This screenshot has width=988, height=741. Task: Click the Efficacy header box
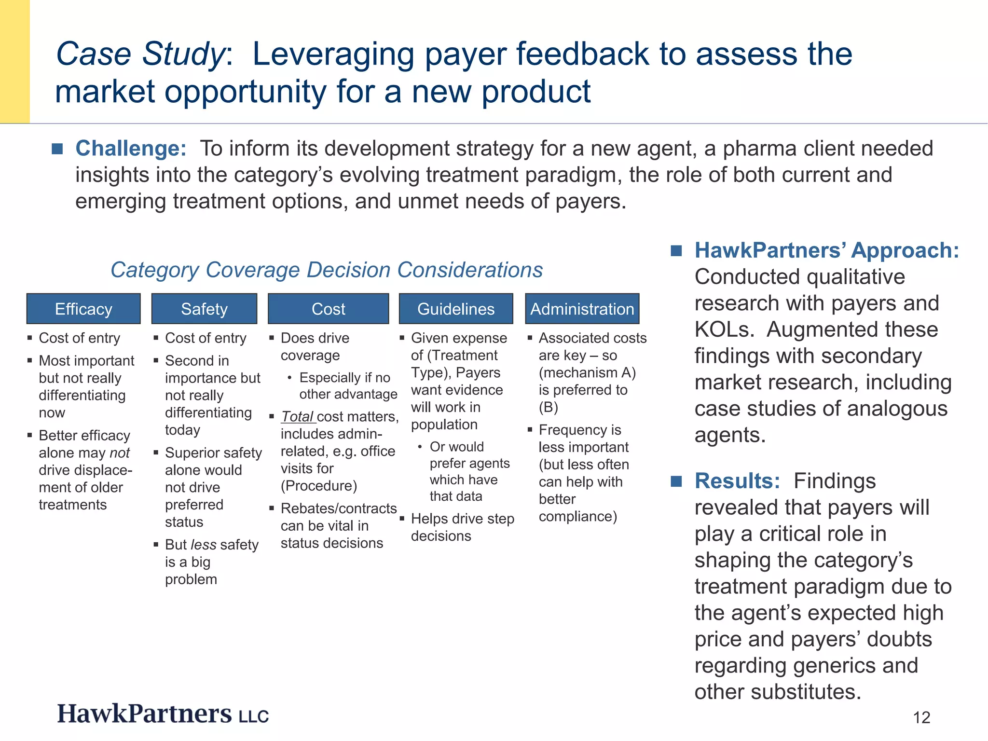(x=83, y=309)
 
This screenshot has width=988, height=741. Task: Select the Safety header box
(x=204, y=309)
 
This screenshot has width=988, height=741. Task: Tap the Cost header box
(x=328, y=309)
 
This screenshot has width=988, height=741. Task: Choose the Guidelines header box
(x=456, y=309)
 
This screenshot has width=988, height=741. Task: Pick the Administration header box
(x=582, y=309)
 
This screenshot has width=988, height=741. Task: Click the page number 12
(x=921, y=717)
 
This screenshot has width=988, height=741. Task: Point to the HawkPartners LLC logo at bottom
(x=163, y=714)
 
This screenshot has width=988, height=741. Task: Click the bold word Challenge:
(x=131, y=148)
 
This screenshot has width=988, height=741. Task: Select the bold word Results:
(x=737, y=481)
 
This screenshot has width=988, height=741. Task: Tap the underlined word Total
(x=297, y=416)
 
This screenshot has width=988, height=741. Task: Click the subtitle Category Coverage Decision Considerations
(x=327, y=270)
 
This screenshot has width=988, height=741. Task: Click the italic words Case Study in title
(x=139, y=54)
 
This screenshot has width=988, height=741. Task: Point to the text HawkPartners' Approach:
(x=827, y=250)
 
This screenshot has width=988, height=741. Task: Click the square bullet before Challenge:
(x=57, y=149)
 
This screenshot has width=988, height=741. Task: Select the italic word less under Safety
(x=204, y=545)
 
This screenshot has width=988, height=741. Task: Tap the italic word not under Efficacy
(x=120, y=453)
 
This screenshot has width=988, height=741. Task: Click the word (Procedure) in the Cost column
(x=319, y=486)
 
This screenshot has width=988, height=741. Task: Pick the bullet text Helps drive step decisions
(x=462, y=527)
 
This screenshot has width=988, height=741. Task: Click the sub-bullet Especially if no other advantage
(x=347, y=386)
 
